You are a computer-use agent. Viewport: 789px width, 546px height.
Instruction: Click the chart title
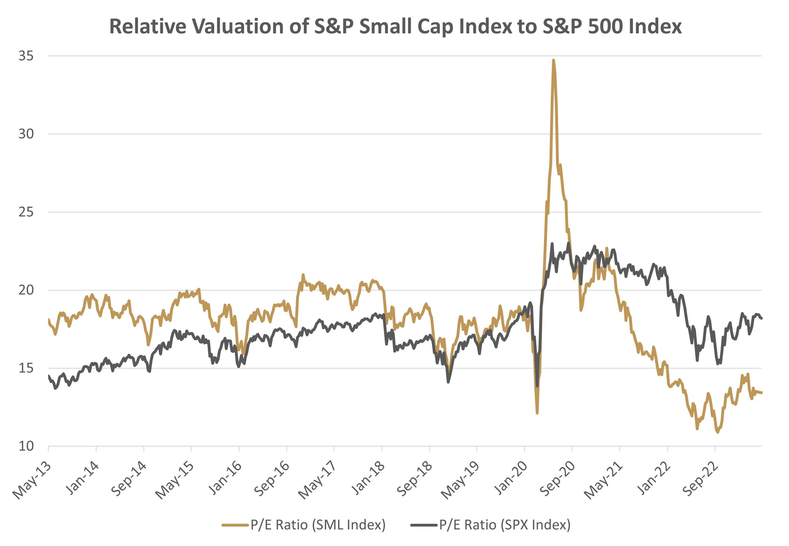(x=395, y=26)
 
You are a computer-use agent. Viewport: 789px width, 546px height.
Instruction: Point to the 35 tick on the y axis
(x=26, y=55)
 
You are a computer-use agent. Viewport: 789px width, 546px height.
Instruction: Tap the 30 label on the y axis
(x=26, y=134)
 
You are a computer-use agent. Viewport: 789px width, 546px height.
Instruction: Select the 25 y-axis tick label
(x=26, y=212)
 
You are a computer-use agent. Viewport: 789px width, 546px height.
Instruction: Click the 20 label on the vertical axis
(x=26, y=290)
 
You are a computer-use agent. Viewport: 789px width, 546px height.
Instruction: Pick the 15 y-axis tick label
(x=26, y=368)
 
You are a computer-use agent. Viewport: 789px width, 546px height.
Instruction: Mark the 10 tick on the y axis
(x=26, y=446)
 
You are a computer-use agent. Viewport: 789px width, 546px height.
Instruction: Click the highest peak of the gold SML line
(x=553, y=60)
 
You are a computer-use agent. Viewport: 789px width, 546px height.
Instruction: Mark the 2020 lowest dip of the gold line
(x=537, y=413)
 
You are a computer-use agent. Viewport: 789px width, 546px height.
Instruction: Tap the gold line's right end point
(x=761, y=393)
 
